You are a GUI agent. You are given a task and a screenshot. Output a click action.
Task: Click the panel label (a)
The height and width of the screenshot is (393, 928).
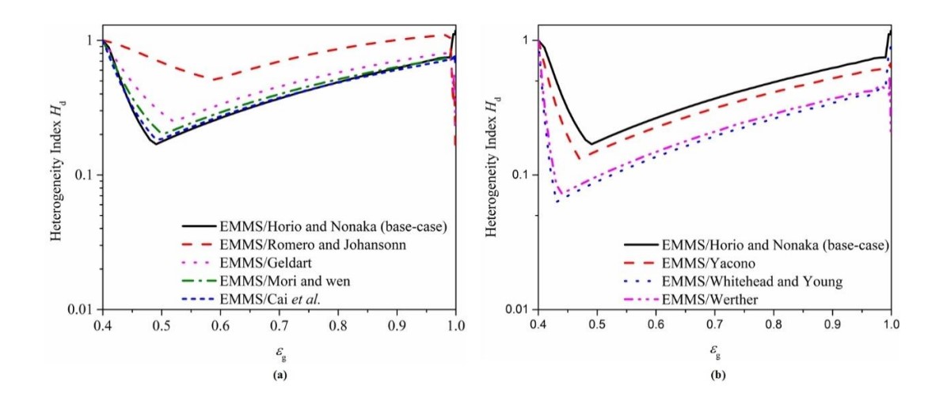click(x=279, y=377)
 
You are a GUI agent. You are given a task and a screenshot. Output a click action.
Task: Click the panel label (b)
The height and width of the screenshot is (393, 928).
click(x=714, y=378)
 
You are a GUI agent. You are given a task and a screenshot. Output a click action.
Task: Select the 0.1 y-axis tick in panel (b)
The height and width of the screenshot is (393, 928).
click(x=523, y=174)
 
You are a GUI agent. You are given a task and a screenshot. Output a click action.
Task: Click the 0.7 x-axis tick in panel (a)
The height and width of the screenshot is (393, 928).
click(x=279, y=325)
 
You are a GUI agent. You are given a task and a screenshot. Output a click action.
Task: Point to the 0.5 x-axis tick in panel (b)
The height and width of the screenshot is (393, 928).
click(x=597, y=325)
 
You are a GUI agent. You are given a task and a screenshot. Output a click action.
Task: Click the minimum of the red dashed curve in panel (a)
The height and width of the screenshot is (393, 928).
click(x=213, y=79)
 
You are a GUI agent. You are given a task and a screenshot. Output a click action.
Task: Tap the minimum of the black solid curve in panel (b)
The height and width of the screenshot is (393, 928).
click(x=591, y=144)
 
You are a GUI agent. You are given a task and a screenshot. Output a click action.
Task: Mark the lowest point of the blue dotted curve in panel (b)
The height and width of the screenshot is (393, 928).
click(x=557, y=202)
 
